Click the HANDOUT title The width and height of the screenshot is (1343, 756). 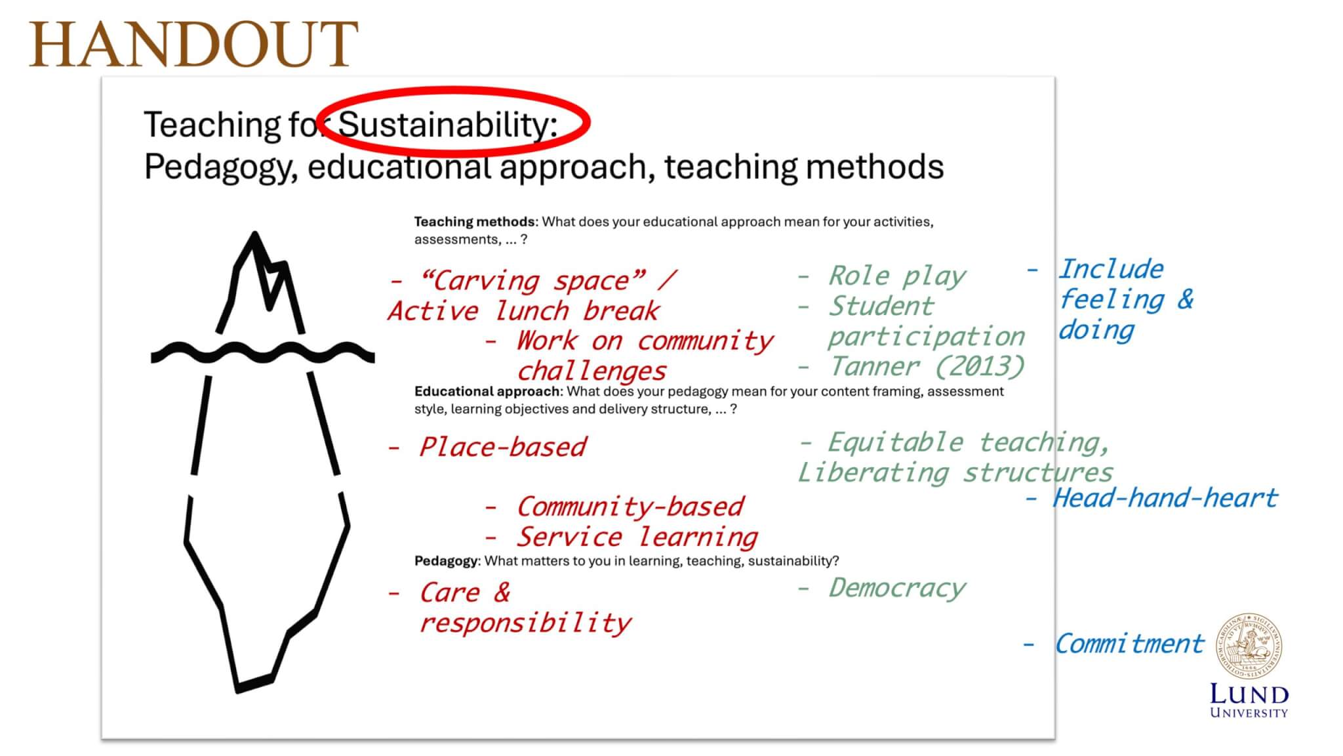[193, 44]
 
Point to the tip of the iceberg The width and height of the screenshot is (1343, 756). [254, 232]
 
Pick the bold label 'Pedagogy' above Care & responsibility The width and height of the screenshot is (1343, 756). [447, 561]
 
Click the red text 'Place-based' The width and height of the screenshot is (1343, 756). [502, 447]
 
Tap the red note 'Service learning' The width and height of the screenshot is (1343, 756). [637, 537]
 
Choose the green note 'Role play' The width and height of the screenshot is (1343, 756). [896, 276]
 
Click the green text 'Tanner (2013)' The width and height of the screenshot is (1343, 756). [927, 366]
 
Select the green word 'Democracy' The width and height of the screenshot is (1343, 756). [896, 588]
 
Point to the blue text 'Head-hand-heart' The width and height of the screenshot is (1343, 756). [1165, 498]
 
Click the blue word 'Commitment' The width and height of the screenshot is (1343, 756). [1129, 644]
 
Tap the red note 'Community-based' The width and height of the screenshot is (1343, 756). [630, 507]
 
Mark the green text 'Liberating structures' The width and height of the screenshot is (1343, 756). [955, 472]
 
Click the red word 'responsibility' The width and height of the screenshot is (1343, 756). [525, 623]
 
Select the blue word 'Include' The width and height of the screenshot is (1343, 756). [1111, 269]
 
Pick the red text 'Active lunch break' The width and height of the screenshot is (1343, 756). [523, 311]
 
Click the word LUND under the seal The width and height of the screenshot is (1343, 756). [1249, 694]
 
